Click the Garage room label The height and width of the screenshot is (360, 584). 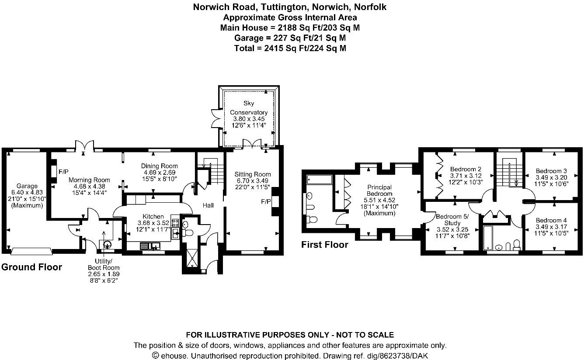tap(27, 186)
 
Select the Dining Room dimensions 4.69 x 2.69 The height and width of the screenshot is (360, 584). tap(159, 173)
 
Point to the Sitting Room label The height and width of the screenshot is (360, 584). tap(252, 174)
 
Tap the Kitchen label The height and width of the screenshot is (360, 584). tap(153, 216)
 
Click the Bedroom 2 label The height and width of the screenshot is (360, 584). tap(466, 169)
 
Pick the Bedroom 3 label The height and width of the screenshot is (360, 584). tap(551, 171)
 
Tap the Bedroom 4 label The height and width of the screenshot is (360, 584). tap(551, 220)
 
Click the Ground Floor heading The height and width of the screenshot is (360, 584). tap(31, 267)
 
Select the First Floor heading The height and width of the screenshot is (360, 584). tap(324, 245)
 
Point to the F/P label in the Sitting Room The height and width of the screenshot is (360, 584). tap(265, 202)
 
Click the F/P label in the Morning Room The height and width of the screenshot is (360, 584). tap(63, 172)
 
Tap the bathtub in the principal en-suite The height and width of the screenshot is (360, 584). tap(319, 179)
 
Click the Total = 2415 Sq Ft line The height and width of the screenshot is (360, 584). tap(290, 48)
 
